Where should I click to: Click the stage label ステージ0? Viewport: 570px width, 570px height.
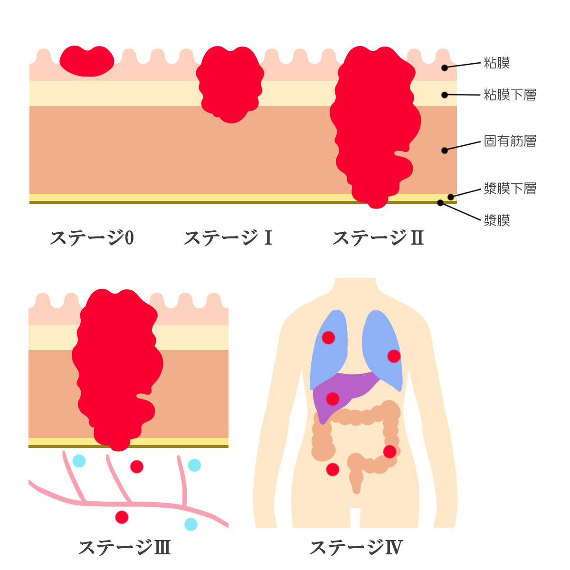pos(92,238)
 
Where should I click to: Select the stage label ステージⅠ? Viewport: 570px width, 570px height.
pos(228,238)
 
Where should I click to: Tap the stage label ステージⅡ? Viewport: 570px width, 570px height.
pos(378,238)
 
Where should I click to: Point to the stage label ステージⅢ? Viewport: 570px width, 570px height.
pos(124,548)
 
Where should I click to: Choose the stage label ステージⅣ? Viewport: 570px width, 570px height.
pos(356,548)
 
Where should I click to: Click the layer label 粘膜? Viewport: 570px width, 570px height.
pos(497,63)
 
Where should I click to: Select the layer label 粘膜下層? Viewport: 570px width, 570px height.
pos(510,95)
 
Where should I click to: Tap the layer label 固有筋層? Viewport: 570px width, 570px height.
pos(510,141)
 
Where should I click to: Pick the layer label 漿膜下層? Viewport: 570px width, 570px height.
pos(510,189)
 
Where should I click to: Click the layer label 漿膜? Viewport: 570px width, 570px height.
pos(497,220)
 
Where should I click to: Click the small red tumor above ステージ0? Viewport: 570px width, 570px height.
pos(87,61)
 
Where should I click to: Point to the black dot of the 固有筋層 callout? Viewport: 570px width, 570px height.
pos(445,151)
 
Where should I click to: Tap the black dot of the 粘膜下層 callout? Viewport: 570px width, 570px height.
pos(445,95)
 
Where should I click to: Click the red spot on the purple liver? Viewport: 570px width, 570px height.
pos(332,399)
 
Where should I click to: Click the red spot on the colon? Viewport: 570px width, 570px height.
pos(389,451)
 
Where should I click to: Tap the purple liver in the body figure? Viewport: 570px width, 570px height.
pos(351,387)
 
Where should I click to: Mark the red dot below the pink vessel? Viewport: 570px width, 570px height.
pos(122,517)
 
